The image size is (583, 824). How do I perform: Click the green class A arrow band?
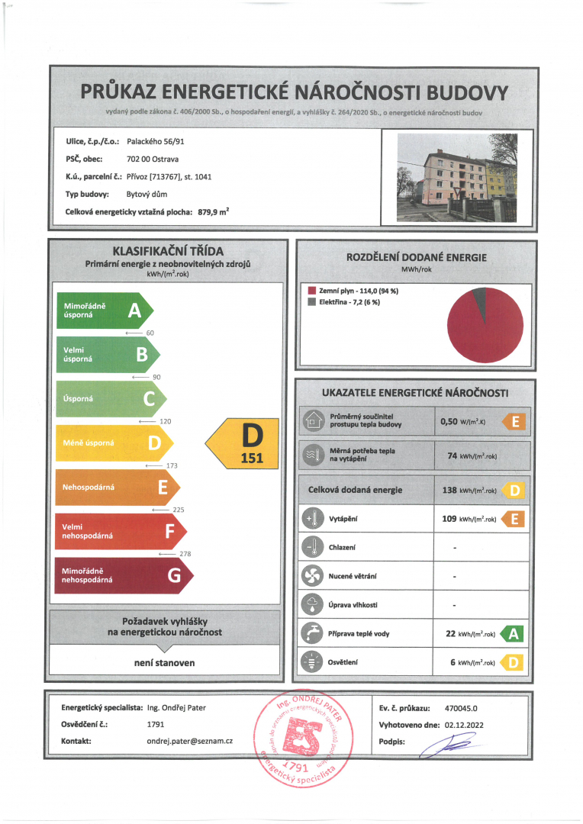click(104, 311)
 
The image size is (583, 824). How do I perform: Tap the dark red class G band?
click(122, 575)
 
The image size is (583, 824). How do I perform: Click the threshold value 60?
click(150, 333)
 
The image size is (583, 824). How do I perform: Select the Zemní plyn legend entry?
click(353, 291)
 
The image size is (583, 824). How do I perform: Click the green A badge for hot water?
click(514, 633)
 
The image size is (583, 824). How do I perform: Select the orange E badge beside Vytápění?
click(514, 520)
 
